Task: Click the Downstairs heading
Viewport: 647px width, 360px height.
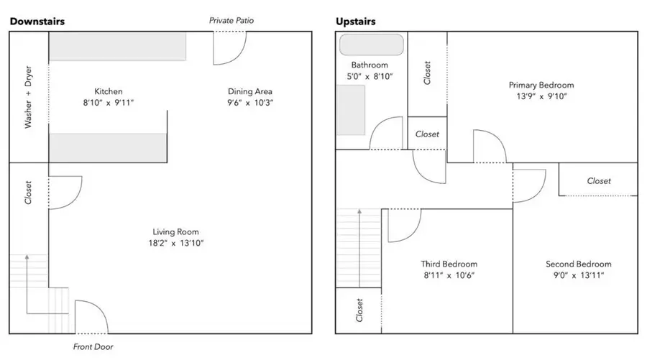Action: tap(37, 22)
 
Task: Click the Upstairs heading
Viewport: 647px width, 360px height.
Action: tap(355, 22)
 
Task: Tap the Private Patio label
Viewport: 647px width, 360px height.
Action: tap(231, 21)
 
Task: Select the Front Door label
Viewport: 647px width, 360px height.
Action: tap(92, 346)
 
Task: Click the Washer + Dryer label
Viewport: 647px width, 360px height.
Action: tap(29, 102)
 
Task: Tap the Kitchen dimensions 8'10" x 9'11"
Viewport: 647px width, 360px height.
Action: tap(109, 103)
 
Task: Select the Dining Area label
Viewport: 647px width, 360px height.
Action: tap(250, 91)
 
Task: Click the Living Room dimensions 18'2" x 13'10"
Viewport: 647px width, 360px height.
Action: tap(175, 244)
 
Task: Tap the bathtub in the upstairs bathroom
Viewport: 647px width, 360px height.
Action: tap(372, 45)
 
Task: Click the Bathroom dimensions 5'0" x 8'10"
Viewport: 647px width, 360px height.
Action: tap(370, 76)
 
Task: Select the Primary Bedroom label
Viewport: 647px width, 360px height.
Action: tap(541, 85)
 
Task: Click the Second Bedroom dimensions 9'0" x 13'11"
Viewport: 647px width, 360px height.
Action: tap(578, 275)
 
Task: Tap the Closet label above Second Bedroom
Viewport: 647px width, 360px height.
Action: tap(598, 181)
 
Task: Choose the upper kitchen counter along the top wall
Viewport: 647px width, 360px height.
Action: tap(118, 46)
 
